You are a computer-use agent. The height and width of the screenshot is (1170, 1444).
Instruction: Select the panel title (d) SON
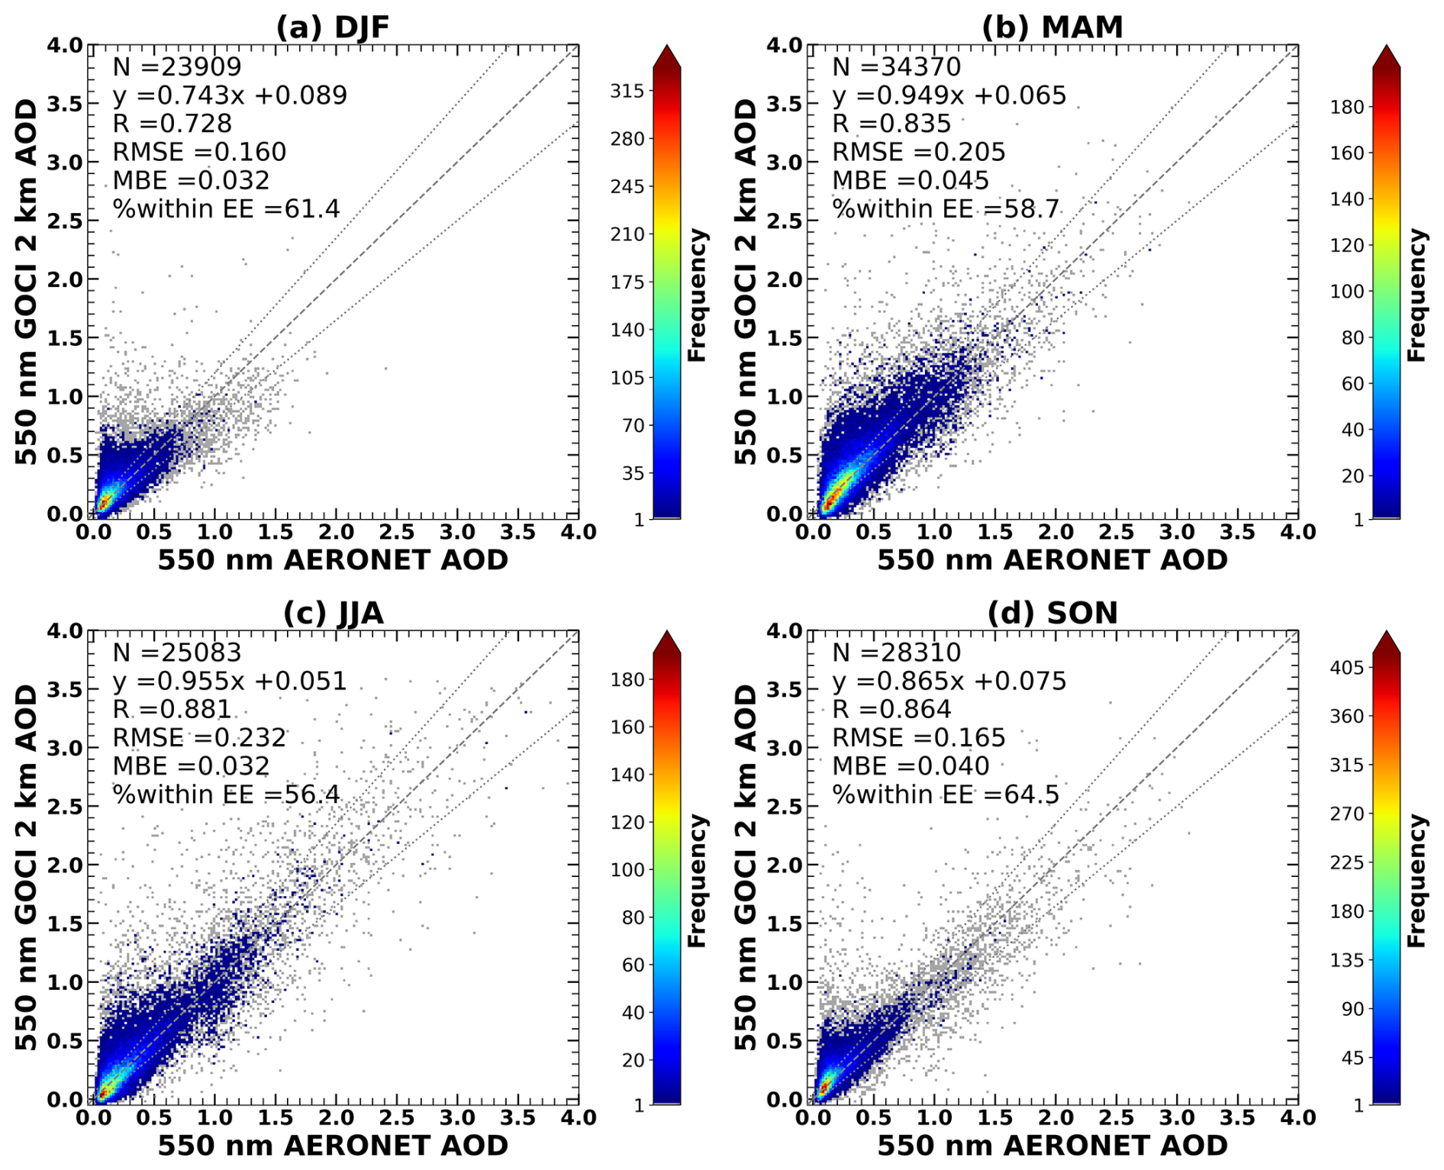click(1052, 613)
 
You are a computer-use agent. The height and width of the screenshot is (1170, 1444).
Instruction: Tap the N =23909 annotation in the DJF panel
click(177, 67)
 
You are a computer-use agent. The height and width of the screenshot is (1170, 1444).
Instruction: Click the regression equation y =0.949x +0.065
click(949, 95)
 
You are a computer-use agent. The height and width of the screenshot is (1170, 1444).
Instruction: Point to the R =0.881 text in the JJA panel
click(172, 710)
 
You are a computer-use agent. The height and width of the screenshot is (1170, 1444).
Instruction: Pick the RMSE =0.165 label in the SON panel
click(918, 738)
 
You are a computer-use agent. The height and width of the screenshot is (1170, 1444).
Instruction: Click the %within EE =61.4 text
click(226, 209)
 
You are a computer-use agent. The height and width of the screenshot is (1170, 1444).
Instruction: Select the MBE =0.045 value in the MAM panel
click(910, 181)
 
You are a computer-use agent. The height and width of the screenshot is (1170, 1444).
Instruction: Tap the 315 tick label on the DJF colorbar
click(627, 91)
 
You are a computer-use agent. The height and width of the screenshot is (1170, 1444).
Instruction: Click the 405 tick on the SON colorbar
click(1346, 668)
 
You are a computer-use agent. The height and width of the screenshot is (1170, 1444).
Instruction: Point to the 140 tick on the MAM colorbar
click(1346, 199)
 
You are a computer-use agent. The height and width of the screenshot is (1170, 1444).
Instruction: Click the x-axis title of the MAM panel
click(1052, 560)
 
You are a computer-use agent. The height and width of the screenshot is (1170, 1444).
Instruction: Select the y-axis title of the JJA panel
click(26, 867)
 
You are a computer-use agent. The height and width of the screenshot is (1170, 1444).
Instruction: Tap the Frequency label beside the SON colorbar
click(1417, 881)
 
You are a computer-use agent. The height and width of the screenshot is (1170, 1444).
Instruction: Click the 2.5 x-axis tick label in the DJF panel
click(397, 532)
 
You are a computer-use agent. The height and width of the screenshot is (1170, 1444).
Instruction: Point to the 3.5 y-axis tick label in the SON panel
click(785, 689)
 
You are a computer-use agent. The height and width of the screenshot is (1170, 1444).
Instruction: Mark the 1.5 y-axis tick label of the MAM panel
click(785, 338)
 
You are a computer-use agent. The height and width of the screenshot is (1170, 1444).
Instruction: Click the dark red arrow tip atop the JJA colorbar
click(667, 641)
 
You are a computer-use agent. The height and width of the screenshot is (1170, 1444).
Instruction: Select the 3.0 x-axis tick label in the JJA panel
click(457, 1118)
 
